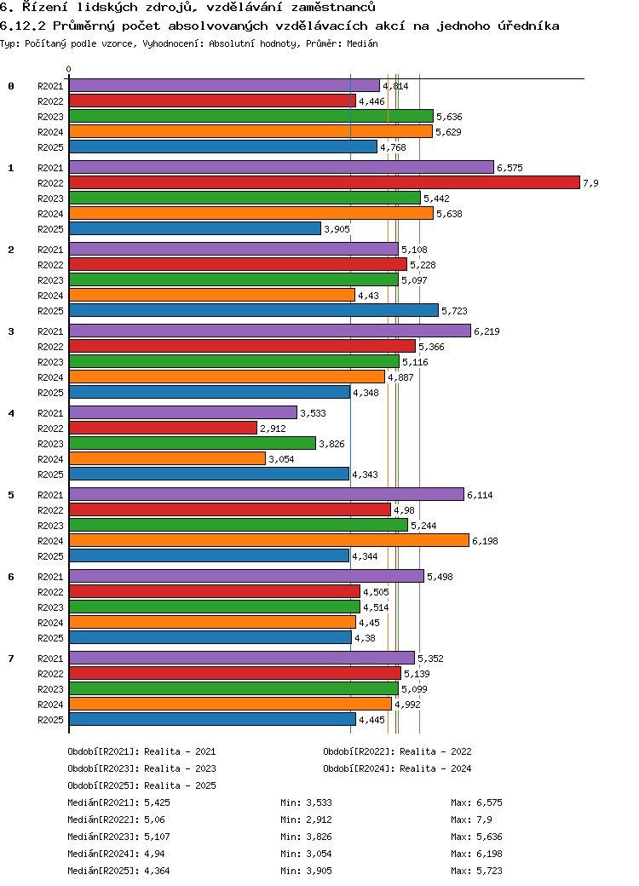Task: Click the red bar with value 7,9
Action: (325, 182)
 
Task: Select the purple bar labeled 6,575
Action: (281, 167)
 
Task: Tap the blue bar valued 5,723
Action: (254, 310)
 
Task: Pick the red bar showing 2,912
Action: (163, 428)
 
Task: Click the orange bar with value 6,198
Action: (269, 540)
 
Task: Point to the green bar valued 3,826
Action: (192, 443)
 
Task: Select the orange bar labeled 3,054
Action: (167, 458)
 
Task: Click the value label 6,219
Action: (486, 331)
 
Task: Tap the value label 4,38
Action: (365, 638)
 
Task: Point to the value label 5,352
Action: (430, 659)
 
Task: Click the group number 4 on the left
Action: (11, 413)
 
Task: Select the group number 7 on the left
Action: (11, 659)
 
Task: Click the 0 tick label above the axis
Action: (69, 70)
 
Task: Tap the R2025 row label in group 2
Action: (50, 311)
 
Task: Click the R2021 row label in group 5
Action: (50, 495)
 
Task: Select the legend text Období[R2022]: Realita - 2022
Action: (397, 751)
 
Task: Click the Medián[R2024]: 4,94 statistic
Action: (117, 854)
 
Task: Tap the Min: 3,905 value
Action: (306, 871)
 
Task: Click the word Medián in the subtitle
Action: (362, 43)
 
